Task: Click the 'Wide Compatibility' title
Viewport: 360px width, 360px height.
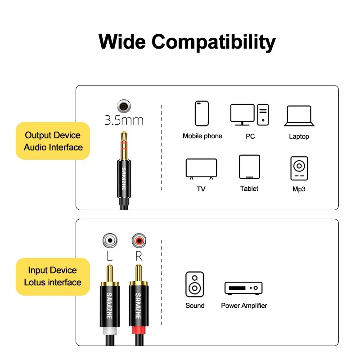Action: tap(187, 42)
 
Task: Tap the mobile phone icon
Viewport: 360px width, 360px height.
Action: tap(202, 113)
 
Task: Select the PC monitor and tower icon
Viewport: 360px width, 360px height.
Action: tap(250, 114)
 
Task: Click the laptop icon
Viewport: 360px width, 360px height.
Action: tap(299, 116)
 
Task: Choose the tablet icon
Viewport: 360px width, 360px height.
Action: tap(249, 167)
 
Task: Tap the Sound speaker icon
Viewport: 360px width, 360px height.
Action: tap(194, 284)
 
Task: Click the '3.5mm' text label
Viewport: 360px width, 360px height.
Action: tap(124, 120)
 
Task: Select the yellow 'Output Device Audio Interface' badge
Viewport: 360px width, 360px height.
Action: tap(53, 141)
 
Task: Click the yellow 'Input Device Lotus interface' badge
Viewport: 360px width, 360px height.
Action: tap(53, 276)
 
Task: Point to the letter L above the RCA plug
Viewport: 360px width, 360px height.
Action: tap(109, 257)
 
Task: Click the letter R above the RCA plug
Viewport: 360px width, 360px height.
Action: tap(139, 257)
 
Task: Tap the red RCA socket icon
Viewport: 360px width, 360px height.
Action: tap(139, 241)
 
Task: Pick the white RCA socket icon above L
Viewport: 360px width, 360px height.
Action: tap(109, 241)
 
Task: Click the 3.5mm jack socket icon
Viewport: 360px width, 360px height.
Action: tap(124, 107)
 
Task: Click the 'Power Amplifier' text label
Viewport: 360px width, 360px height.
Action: tap(244, 306)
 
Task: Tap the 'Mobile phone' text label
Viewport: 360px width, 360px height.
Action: tap(202, 136)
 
